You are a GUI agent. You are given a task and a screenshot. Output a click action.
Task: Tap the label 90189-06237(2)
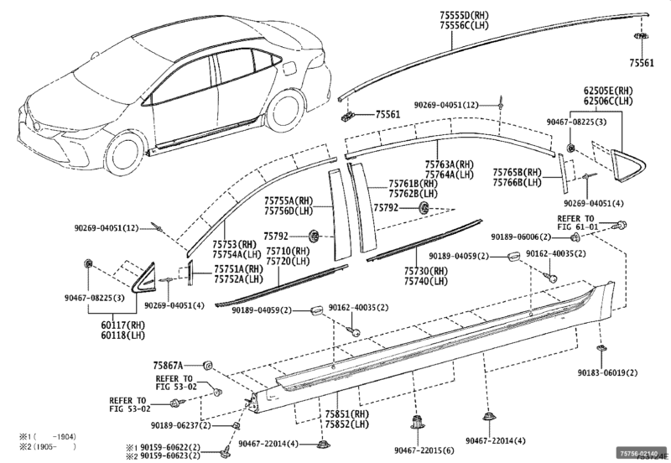coord(188,426)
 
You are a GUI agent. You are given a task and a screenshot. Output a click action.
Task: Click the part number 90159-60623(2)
coord(167,456)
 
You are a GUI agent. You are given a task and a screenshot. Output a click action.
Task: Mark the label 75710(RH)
coord(288,251)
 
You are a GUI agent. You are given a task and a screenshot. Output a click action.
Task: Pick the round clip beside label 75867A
coord(207,365)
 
